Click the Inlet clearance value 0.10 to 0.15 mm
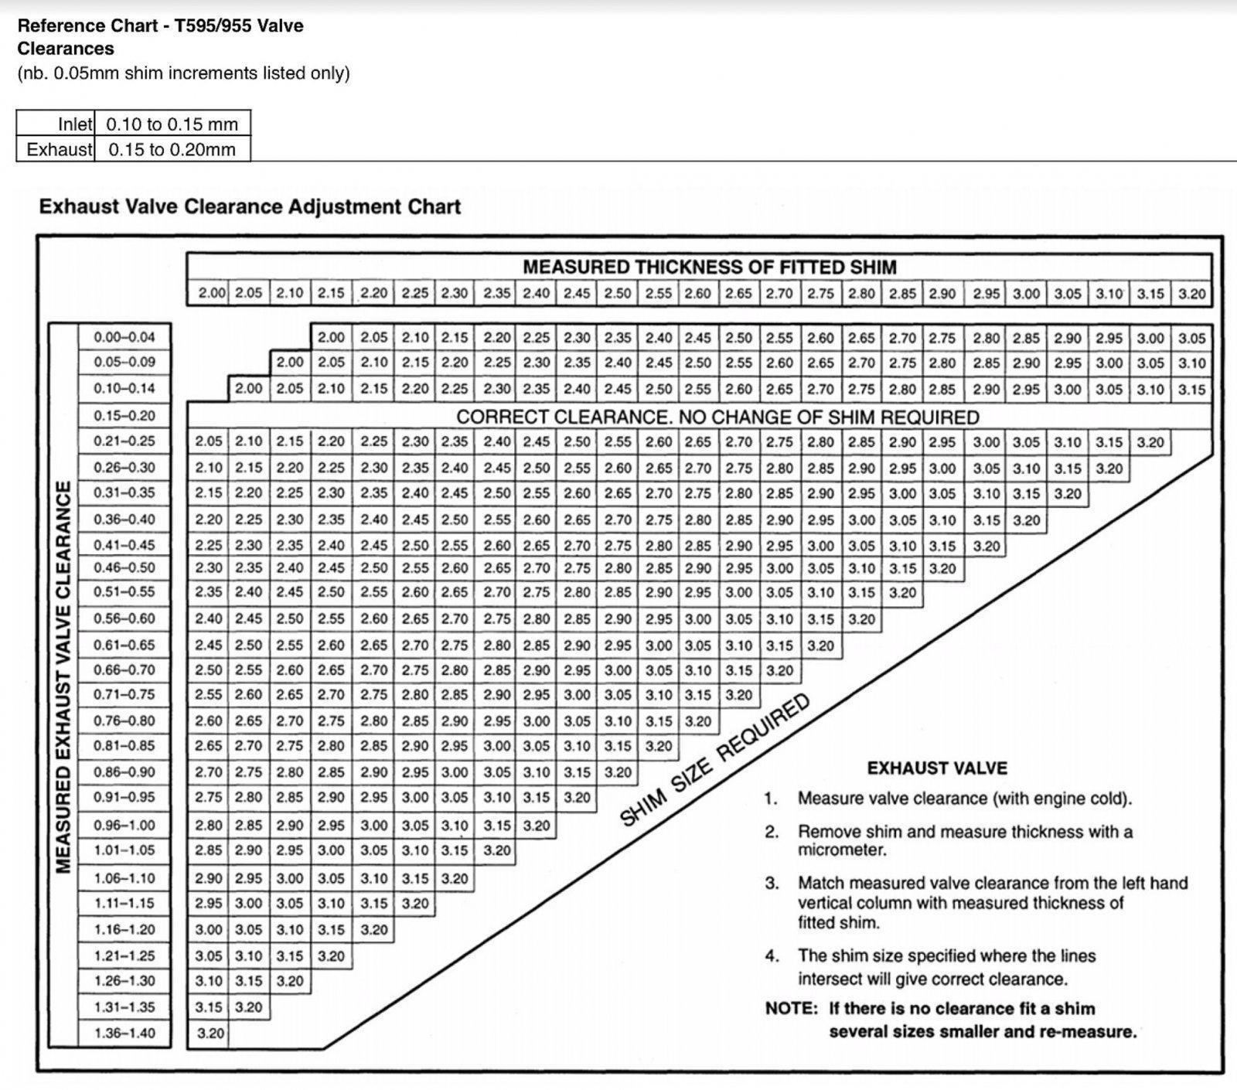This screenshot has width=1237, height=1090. click(172, 124)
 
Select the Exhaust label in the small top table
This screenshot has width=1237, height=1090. click(60, 149)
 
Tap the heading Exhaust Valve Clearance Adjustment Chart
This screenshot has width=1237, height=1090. click(250, 207)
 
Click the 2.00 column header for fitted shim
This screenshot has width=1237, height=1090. click(212, 294)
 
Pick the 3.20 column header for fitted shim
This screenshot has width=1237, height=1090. click(1191, 294)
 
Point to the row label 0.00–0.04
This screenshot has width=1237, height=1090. click(124, 337)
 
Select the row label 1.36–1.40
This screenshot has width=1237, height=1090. click(124, 1033)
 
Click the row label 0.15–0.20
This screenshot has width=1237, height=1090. click(124, 415)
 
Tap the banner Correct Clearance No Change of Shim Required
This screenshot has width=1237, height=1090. click(717, 417)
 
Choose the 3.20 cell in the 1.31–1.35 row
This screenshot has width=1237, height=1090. click(249, 1007)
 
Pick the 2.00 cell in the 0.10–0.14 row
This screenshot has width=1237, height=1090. click(249, 389)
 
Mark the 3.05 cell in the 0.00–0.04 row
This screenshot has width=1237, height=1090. click(1191, 338)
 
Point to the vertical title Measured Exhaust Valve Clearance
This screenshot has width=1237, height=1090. click(63, 676)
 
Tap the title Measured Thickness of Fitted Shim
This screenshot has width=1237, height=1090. click(709, 267)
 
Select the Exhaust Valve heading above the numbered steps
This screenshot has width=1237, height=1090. click(937, 768)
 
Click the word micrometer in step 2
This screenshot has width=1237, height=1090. click(842, 850)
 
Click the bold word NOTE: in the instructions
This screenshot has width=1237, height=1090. click(791, 1009)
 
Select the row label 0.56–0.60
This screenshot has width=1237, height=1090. click(124, 618)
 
